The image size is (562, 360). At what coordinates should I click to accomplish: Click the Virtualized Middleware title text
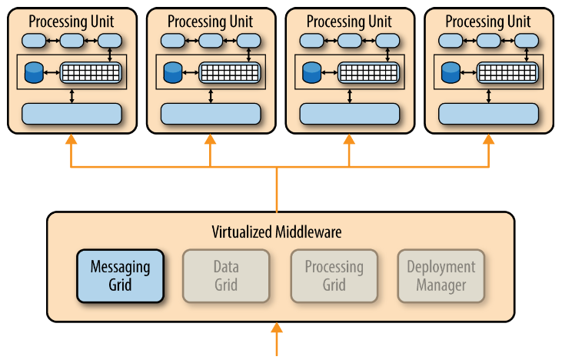click(276, 231)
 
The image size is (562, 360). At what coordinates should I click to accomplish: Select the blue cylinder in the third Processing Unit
click(311, 73)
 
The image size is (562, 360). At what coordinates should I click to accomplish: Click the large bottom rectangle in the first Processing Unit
click(71, 114)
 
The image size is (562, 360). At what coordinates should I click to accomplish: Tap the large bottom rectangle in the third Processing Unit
click(350, 114)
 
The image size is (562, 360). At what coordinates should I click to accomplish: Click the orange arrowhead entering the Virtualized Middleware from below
click(277, 328)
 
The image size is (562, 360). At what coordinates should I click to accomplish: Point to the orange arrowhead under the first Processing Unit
click(71, 140)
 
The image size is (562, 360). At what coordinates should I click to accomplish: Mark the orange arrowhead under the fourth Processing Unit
click(489, 140)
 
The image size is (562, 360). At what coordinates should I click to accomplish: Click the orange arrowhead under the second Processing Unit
click(210, 140)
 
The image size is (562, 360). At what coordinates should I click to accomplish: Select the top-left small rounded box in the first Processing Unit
click(33, 40)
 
